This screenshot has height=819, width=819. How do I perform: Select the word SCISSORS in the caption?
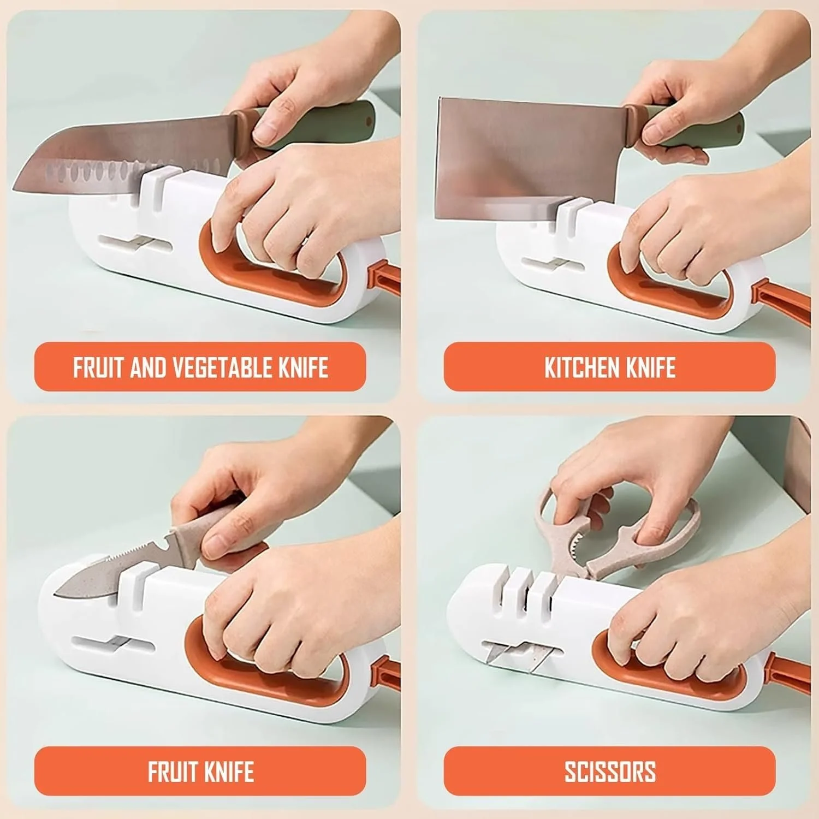pos(610,771)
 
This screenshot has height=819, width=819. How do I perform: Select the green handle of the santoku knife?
pos(328,123)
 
